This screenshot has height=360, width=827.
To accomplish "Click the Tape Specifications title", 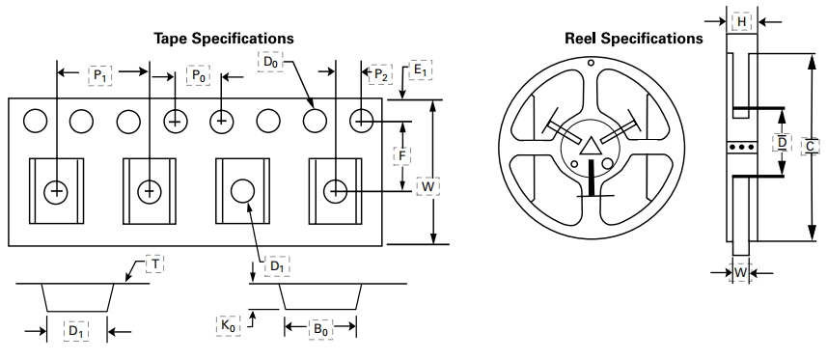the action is click(x=224, y=39).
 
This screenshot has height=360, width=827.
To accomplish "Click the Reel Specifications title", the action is click(x=633, y=39).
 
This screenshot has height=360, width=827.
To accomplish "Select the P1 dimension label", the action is click(x=99, y=75).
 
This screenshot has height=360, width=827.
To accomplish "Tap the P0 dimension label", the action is click(x=199, y=75).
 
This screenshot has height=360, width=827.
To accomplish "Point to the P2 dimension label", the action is click(x=381, y=75).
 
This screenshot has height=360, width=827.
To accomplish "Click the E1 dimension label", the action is click(x=421, y=70).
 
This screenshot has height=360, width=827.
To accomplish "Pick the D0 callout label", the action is click(x=270, y=62).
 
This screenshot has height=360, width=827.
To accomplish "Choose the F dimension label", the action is click(x=402, y=155).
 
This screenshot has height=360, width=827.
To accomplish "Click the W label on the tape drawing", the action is click(x=427, y=187).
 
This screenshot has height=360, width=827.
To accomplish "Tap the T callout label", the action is click(x=155, y=263).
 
